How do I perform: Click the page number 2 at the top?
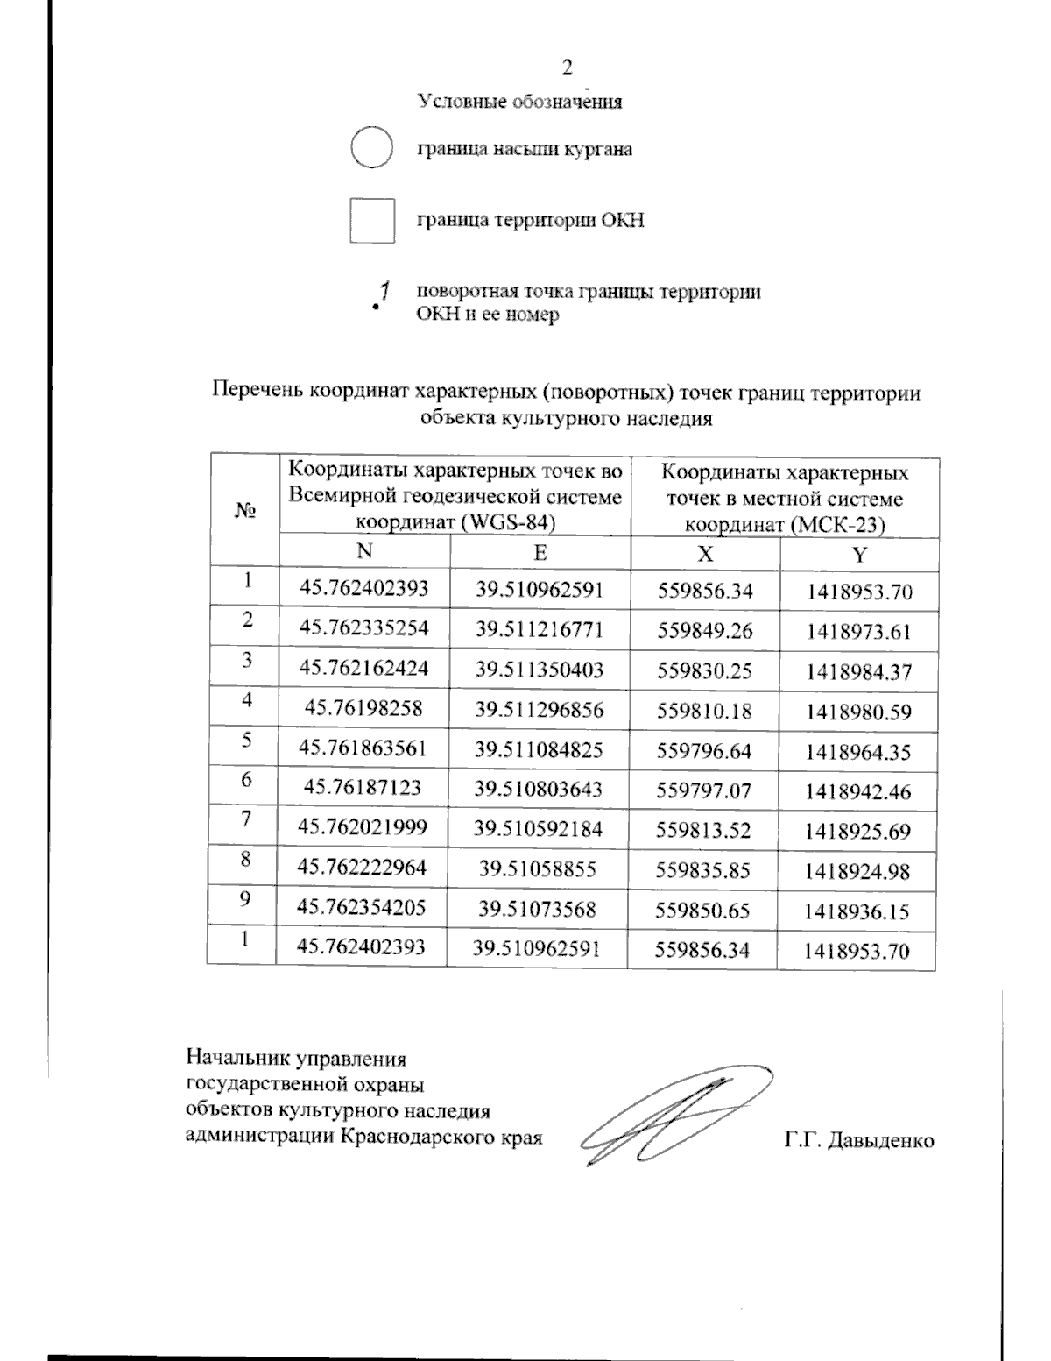pyautogui.click(x=567, y=67)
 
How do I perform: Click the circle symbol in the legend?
pyautogui.click(x=371, y=148)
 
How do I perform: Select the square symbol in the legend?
pyautogui.click(x=371, y=220)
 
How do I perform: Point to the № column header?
pyautogui.click(x=244, y=511)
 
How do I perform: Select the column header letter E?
pyautogui.click(x=540, y=552)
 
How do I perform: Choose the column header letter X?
pyautogui.click(x=704, y=554)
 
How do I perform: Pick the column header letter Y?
pyautogui.click(x=859, y=555)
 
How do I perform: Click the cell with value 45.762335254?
pyautogui.click(x=363, y=628)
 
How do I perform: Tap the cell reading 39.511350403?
pyautogui.click(x=540, y=670)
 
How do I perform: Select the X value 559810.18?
pyautogui.click(x=704, y=712)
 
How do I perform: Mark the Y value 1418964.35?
pyautogui.click(x=859, y=752)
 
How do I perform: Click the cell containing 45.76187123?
pyautogui.click(x=362, y=788)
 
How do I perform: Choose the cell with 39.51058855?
pyautogui.click(x=538, y=868)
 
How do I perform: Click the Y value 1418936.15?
pyautogui.click(x=857, y=911)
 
